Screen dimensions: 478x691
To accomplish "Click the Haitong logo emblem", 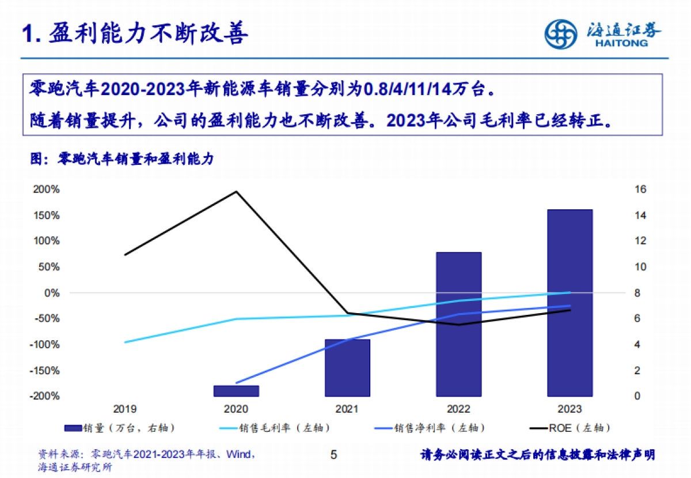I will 561,34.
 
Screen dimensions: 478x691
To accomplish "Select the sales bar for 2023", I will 569,303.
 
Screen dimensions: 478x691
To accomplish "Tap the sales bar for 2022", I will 458,324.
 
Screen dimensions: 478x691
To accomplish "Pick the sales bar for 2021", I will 347,367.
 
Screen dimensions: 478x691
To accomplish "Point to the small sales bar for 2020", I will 236,391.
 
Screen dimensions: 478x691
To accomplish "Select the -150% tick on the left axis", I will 45,370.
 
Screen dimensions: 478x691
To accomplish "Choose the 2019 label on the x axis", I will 125,409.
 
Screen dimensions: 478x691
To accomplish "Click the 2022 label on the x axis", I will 458,409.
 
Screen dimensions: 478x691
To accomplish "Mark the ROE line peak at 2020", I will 236,191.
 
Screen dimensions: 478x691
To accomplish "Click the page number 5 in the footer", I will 333,455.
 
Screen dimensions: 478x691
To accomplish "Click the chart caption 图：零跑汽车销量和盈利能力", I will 122,159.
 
